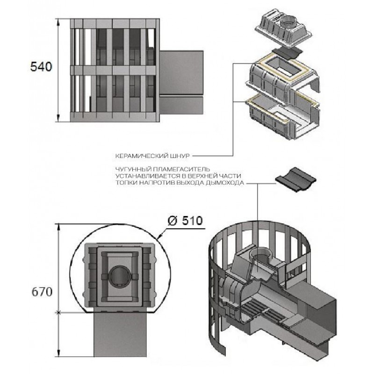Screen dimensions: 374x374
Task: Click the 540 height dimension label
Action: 41,67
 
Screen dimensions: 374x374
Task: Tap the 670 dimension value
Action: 42,292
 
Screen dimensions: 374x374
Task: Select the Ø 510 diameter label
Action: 185,221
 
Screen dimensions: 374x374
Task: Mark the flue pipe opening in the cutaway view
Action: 262,256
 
